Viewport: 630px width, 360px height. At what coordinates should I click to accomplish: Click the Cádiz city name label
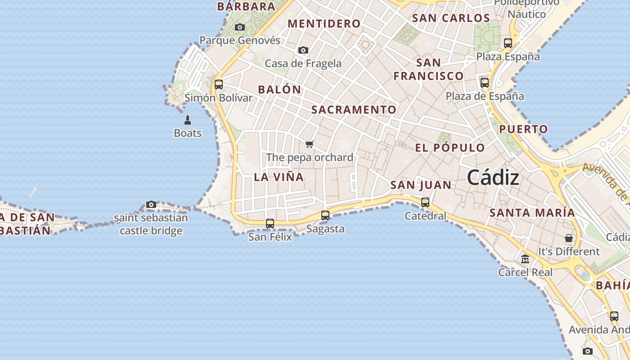point(493,178)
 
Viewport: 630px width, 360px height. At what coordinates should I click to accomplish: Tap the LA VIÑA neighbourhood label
point(279,177)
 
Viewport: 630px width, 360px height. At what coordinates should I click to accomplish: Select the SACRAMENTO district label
point(354,110)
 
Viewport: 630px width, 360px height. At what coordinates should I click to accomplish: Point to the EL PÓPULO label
point(450,148)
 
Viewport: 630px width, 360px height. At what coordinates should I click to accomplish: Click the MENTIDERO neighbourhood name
point(324,24)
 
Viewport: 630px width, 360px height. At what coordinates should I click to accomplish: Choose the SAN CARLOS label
point(451,18)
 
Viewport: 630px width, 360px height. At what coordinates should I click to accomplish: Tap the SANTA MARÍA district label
point(532,212)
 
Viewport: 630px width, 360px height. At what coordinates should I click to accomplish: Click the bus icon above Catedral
point(425,202)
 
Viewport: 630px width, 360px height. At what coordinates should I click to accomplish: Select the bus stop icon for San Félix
point(270,223)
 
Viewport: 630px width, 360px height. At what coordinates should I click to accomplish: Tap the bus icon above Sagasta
point(325,216)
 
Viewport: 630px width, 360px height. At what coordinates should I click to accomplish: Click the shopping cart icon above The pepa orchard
point(309,144)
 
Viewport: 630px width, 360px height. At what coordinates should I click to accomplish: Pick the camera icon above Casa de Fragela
point(303,50)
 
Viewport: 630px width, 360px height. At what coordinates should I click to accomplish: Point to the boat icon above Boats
point(188,120)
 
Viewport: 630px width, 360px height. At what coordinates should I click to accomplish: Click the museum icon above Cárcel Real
point(525,259)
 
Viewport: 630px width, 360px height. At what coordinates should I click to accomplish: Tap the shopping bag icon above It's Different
point(569,238)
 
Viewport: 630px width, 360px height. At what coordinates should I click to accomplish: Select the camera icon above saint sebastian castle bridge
point(151,205)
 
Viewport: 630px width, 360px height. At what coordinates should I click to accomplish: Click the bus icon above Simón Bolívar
point(219,84)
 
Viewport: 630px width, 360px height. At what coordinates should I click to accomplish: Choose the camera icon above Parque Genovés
point(240,27)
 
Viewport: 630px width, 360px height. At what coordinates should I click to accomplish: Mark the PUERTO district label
point(524,129)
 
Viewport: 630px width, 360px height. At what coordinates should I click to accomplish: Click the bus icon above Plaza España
point(508,43)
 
